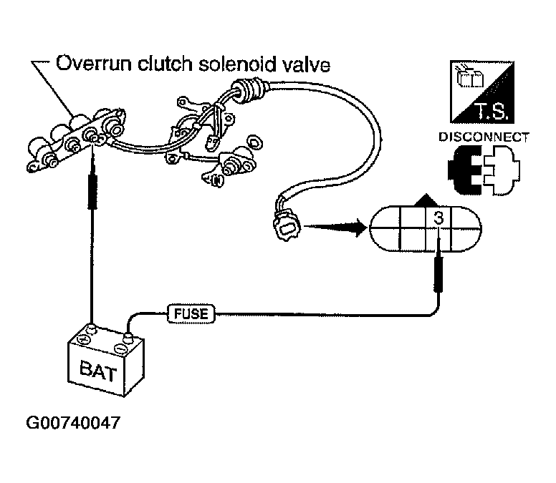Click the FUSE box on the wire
pos(191,313)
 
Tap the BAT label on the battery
pos(98,371)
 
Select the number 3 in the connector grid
pos(438,218)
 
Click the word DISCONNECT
pos(484,137)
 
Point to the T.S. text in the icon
pos(492,111)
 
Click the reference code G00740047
pos(73,423)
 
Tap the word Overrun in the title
pos(94,64)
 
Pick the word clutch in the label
pos(165,64)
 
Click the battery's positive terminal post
pos(92,329)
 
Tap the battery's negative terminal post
pos(128,337)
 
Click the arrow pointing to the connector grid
pos(335,227)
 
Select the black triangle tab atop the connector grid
pos(426,200)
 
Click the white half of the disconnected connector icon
pos(501,171)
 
